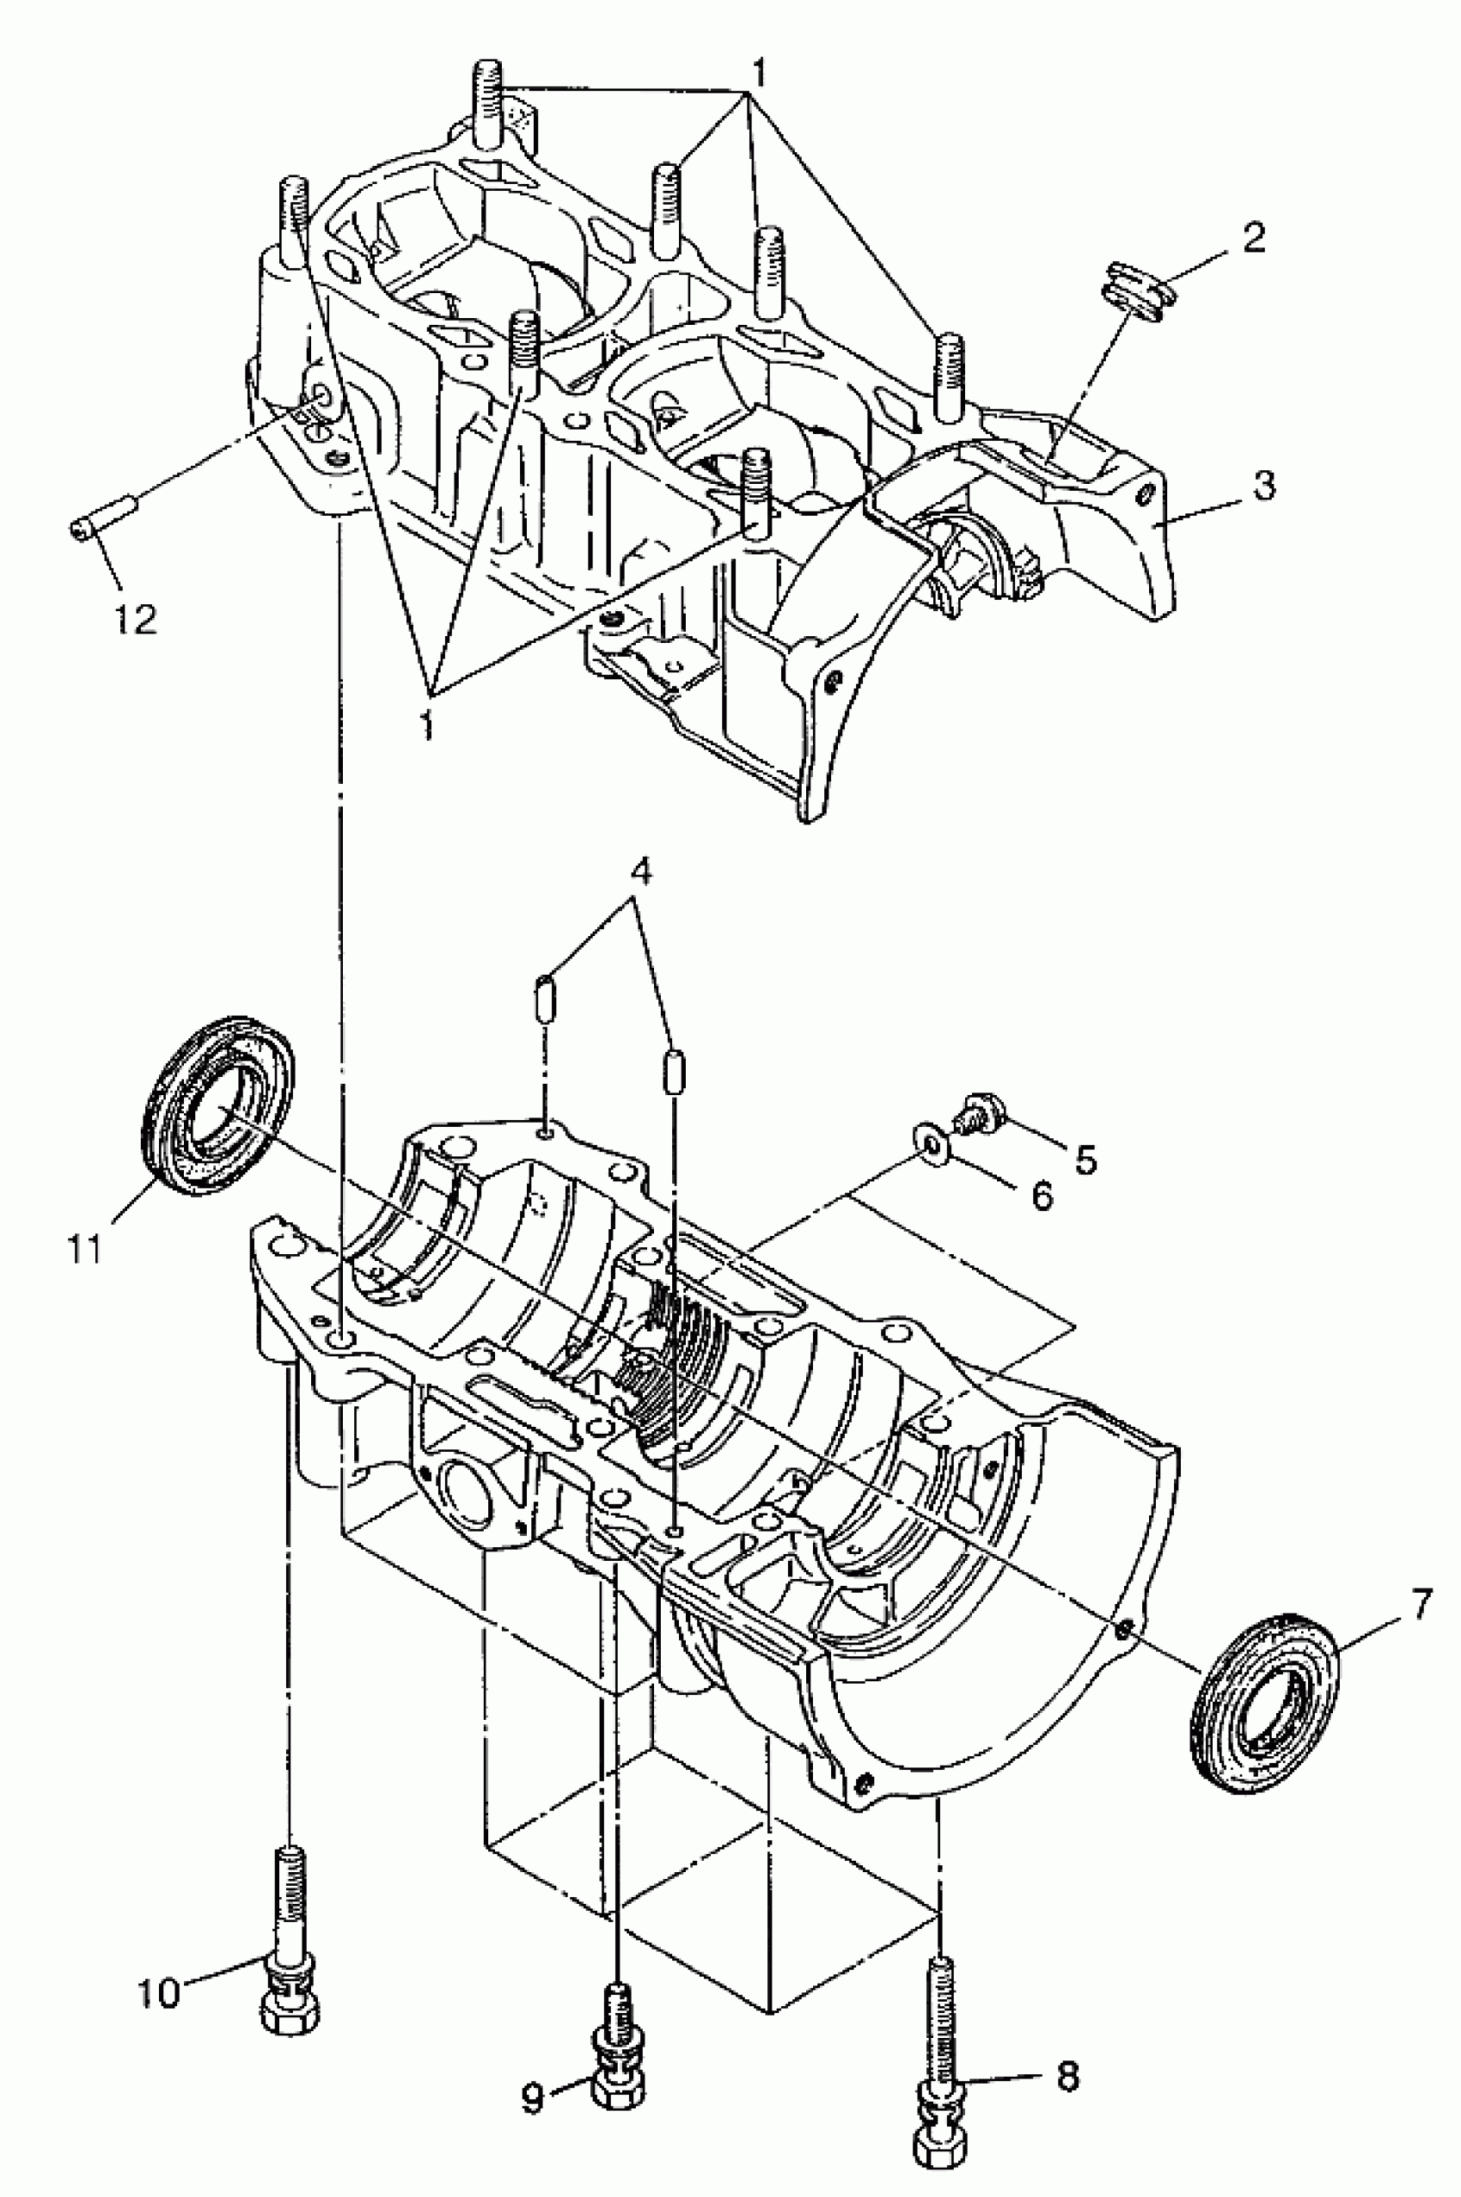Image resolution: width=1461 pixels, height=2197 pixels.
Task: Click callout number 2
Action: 1254,240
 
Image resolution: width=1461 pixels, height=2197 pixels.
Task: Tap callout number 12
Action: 136,619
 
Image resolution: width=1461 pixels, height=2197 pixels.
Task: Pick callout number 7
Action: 1418,1606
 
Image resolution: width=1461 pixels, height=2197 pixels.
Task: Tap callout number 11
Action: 85,1251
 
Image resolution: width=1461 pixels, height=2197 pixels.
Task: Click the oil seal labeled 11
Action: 218,1105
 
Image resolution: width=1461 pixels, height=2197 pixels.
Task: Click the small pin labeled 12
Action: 103,517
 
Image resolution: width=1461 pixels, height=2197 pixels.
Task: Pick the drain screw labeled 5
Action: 978,1111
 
